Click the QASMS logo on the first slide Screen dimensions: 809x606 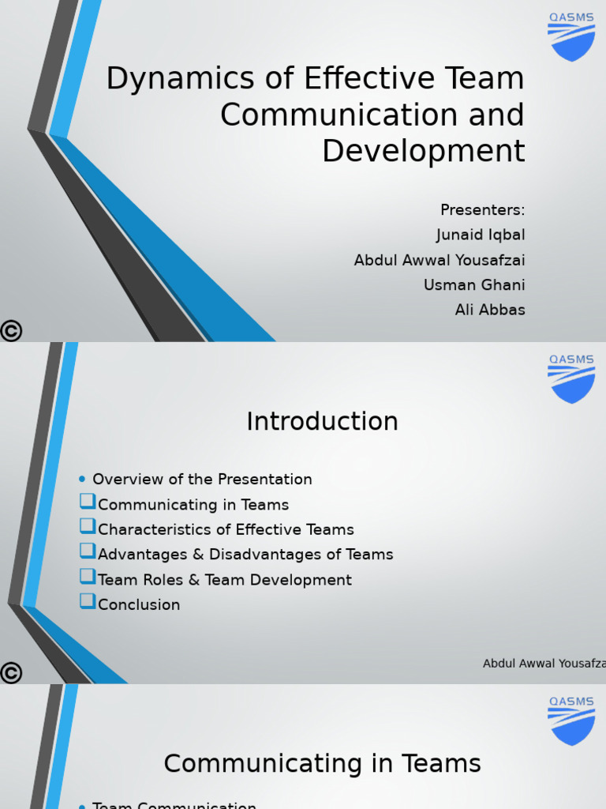pos(571,37)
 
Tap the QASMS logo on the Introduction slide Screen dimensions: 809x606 pos(571,379)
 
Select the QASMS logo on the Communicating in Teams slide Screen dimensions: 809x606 pos(571,721)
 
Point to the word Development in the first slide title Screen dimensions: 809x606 pos(423,151)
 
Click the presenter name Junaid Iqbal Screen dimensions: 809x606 pos(480,235)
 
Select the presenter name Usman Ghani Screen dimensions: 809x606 pos(473,285)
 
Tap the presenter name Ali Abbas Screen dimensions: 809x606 pos(489,310)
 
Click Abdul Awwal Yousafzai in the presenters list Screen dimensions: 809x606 pos(439,260)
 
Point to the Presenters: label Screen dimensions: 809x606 pos(482,210)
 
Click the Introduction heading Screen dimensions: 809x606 pos(322,422)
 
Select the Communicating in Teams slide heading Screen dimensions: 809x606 pos(322,764)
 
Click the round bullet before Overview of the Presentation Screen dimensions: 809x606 pos(82,479)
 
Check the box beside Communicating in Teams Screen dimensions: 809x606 pos(87,501)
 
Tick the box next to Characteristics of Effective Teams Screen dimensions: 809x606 pos(87,526)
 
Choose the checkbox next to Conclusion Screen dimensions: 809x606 pos(87,601)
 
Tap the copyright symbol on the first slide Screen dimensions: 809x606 pos(11,331)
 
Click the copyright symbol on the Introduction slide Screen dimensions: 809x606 pos(11,673)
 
